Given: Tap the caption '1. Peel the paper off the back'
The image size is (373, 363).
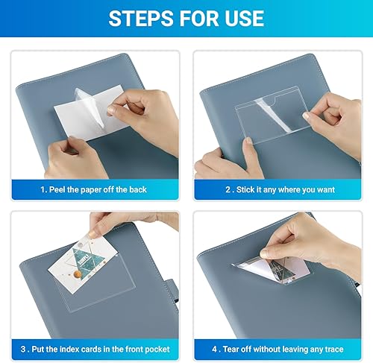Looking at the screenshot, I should tap(93, 190).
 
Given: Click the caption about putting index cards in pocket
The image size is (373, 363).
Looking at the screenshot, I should tap(93, 349).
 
